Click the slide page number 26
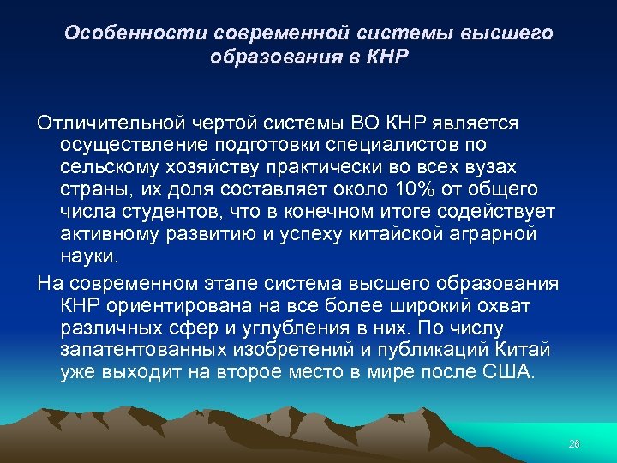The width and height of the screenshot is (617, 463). [574, 443]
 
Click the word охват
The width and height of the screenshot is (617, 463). [506, 305]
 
